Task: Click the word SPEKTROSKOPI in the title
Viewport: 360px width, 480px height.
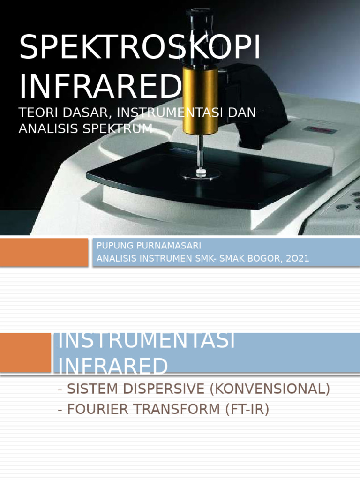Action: coord(140,48)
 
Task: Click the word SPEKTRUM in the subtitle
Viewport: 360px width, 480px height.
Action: coord(126,128)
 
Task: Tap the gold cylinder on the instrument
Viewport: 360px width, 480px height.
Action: coord(200,99)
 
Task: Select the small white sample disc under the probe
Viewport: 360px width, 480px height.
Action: coord(201,172)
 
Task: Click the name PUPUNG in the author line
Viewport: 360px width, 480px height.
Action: coord(112,246)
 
